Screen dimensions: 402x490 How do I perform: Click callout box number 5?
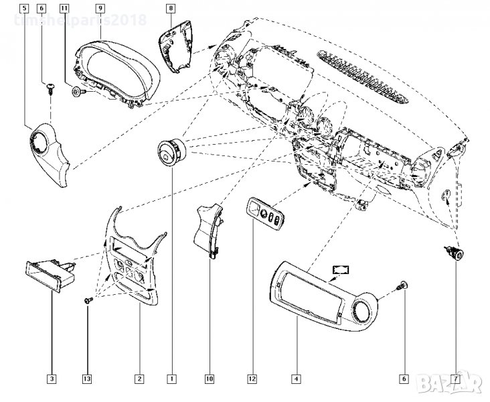(x=25, y=8)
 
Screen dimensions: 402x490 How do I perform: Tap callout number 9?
(x=100, y=8)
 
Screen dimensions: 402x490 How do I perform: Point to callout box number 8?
(x=171, y=8)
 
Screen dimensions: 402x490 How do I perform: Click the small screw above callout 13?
(x=87, y=302)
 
